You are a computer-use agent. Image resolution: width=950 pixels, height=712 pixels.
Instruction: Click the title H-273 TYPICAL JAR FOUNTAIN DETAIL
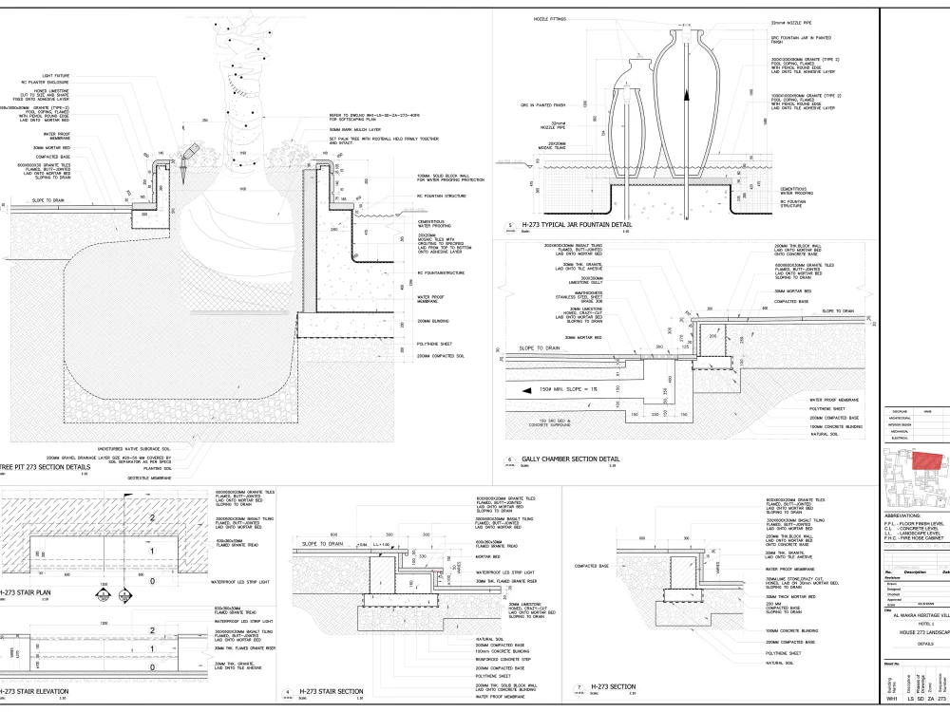click(x=569, y=224)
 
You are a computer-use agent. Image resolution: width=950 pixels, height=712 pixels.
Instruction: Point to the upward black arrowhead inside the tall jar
click(x=683, y=95)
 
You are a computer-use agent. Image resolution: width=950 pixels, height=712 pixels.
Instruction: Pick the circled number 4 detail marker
click(x=288, y=693)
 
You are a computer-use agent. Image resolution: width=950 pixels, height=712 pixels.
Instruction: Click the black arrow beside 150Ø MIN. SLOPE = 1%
click(x=520, y=390)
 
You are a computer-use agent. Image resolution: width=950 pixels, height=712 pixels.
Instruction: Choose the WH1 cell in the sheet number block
click(x=892, y=701)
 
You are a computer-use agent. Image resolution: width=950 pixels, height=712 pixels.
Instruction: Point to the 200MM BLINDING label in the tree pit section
click(x=435, y=321)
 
